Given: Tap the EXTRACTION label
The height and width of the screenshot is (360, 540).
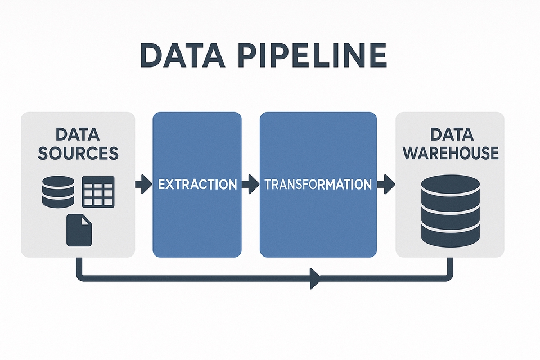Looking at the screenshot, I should tap(197, 184).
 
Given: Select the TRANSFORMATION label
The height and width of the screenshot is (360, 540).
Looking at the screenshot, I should tap(318, 184).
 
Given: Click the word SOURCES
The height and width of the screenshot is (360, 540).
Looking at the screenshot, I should tap(78, 153).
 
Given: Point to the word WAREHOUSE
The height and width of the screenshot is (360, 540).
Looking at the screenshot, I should tap(451, 152).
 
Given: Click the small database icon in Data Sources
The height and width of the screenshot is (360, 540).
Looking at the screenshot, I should tap(58, 192).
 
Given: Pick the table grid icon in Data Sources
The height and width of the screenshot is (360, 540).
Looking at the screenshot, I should tap(98, 191).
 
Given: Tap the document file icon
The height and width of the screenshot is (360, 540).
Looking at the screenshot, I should tap(79, 229).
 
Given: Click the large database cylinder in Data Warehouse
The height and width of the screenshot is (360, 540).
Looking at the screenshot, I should tap(451, 208).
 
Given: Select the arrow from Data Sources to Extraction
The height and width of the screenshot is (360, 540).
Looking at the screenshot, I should tap(143, 184).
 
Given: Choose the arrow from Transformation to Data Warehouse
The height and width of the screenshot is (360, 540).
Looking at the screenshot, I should tap(386, 184).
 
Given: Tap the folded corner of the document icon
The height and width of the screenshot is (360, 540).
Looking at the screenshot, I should tap(86, 219).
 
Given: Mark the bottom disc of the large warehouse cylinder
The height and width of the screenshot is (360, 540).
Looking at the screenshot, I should tap(451, 231).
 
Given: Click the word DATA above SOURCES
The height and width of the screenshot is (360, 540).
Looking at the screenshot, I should tap(78, 134).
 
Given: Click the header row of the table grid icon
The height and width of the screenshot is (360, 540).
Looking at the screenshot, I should tap(98, 180).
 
